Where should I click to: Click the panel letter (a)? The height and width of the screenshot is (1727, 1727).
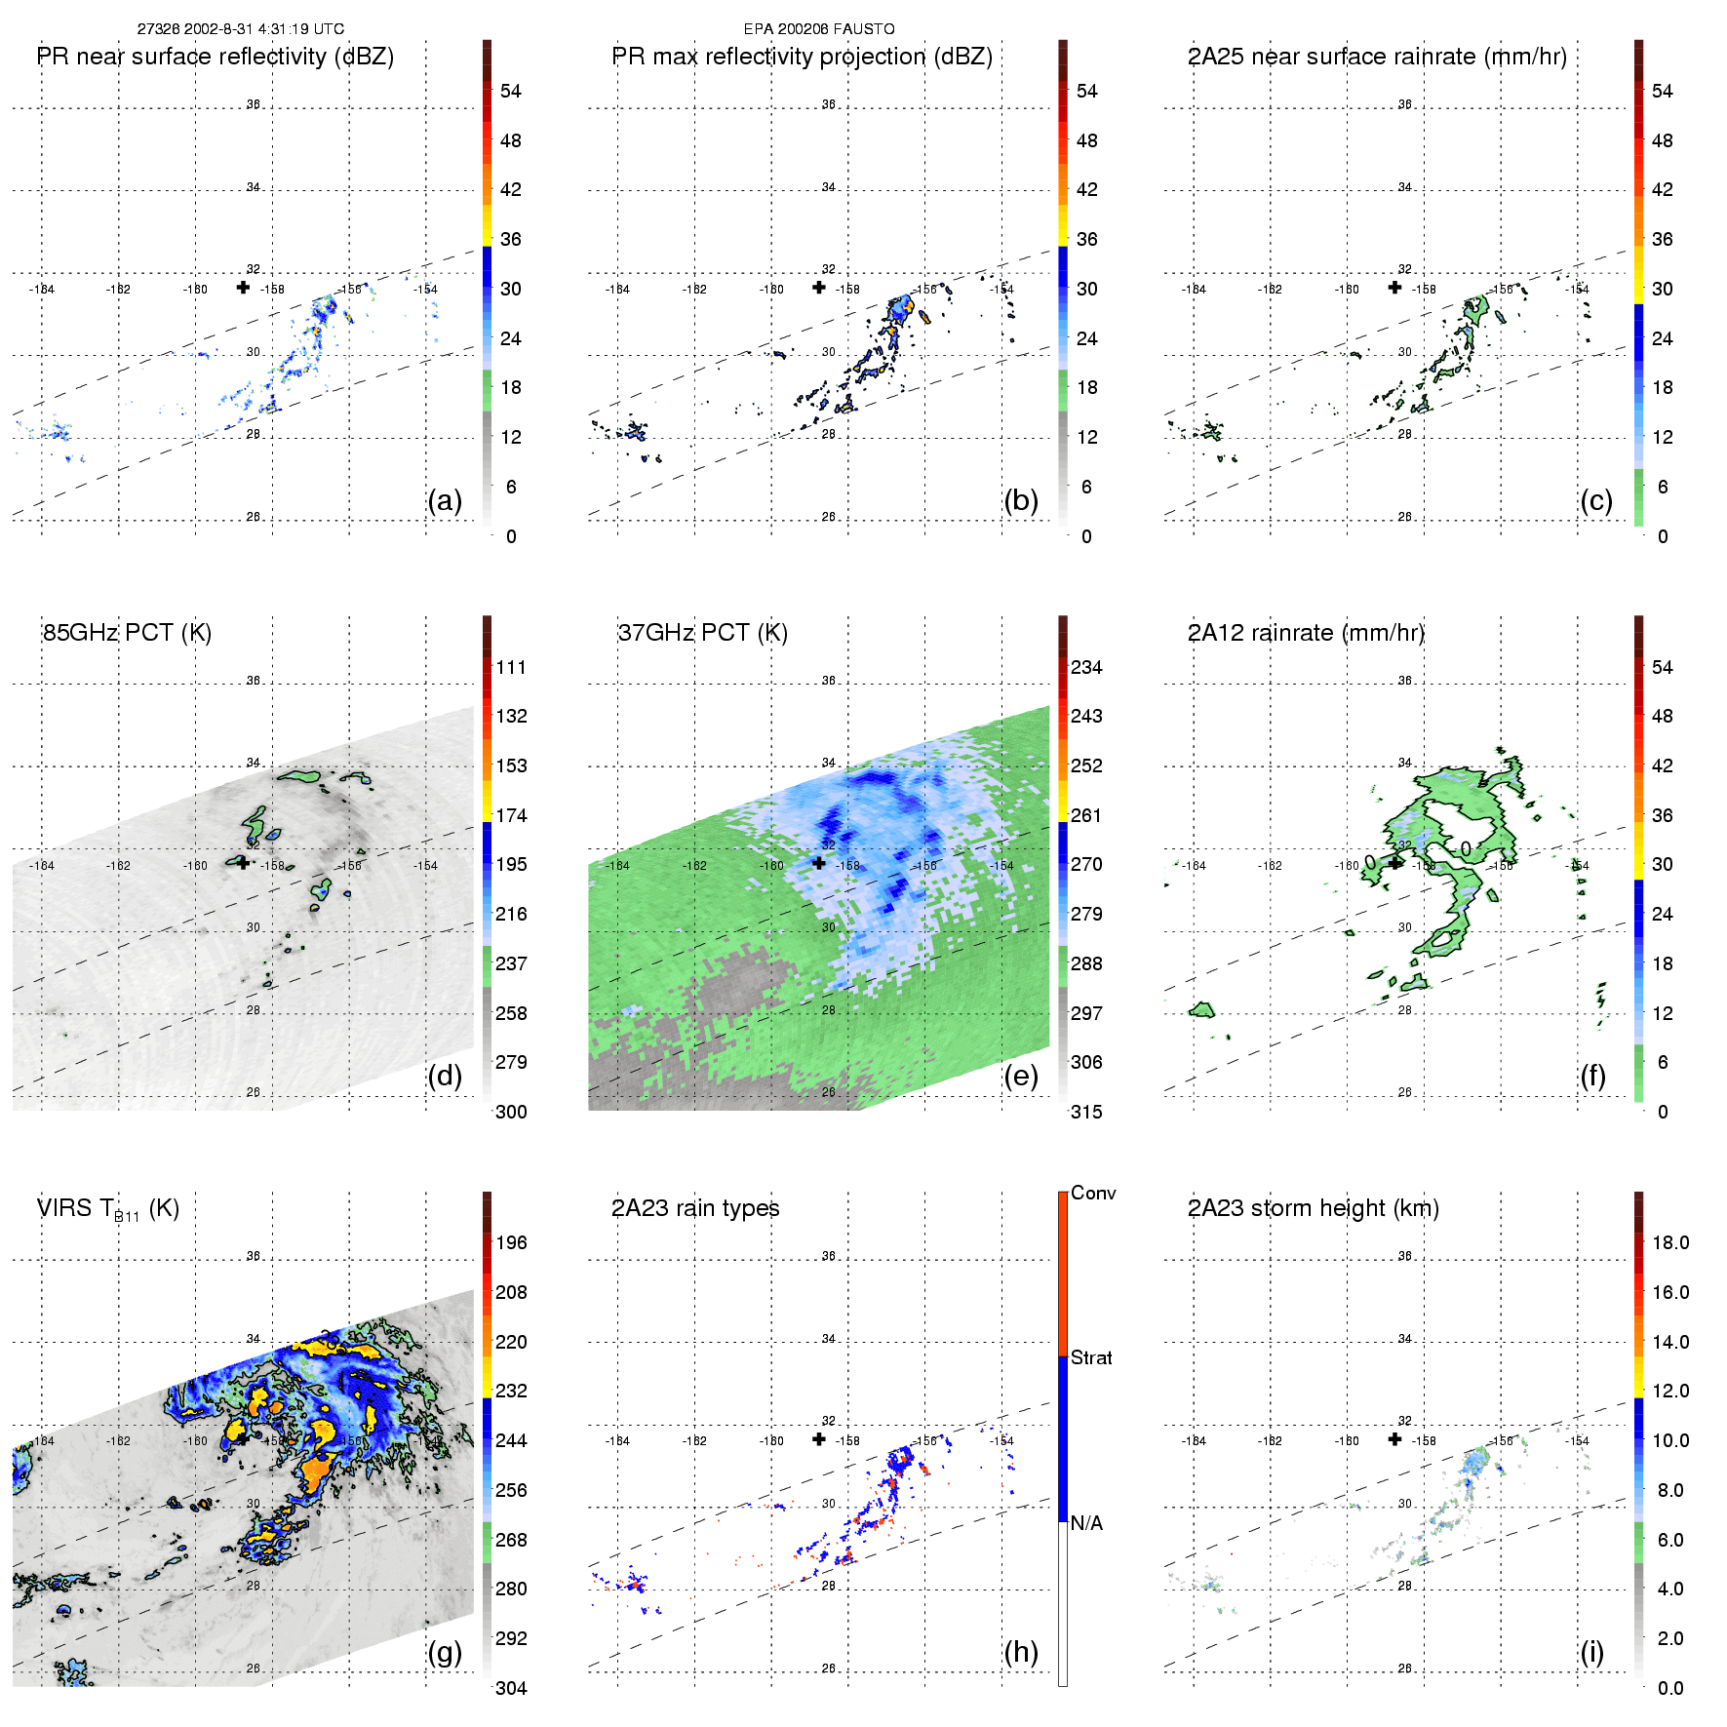(445, 501)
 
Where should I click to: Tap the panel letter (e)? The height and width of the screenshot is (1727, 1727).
(1021, 1077)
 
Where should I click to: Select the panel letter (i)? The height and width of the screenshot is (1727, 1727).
(1591, 1653)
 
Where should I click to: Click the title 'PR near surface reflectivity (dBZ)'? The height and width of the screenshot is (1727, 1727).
(216, 57)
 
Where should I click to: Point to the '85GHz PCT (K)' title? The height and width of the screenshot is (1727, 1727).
(127, 633)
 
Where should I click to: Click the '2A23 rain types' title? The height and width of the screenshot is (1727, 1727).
(695, 1208)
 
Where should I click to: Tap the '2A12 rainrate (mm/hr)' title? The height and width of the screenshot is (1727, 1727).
(1306, 633)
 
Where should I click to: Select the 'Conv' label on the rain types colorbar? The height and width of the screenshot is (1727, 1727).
(1093, 1193)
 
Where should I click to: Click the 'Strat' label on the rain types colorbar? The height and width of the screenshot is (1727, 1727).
(1091, 1357)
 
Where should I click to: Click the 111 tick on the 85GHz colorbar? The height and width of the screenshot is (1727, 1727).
(511, 667)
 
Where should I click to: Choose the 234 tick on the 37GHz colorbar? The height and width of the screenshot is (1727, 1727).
(1086, 667)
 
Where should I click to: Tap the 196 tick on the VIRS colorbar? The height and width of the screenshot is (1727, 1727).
(511, 1242)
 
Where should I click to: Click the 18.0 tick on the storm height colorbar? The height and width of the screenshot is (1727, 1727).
(1670, 1242)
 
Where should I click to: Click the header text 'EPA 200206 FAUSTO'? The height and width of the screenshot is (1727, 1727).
(819, 29)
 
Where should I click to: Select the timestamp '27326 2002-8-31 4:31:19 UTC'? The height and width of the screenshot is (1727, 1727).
(241, 29)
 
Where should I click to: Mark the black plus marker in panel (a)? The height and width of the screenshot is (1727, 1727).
(243, 288)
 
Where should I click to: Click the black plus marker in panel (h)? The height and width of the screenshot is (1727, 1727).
(819, 1439)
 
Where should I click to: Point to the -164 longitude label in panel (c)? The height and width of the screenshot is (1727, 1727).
(1195, 290)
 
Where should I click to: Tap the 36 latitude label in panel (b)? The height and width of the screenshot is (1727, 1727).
(828, 104)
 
